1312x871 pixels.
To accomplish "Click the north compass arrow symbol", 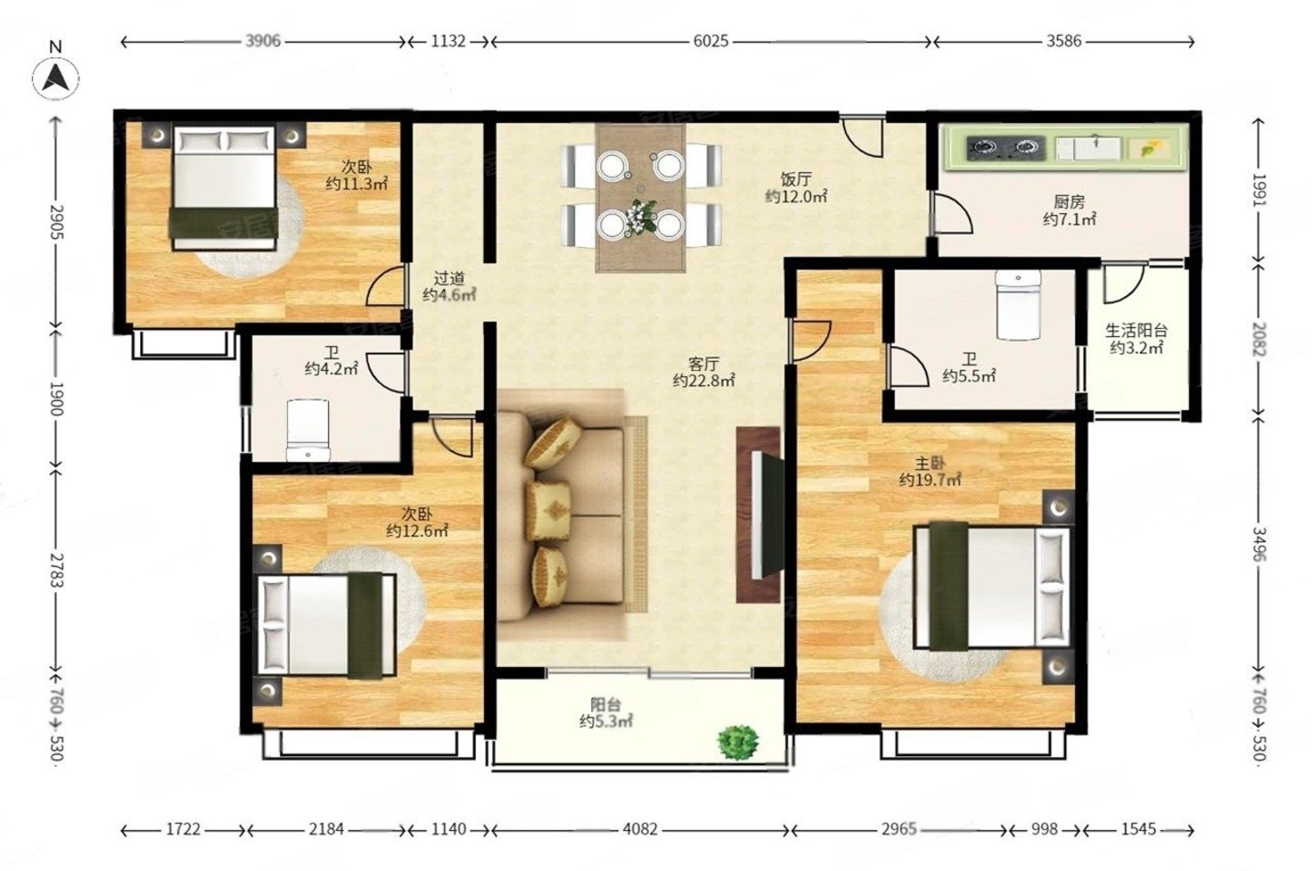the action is [x=56, y=78].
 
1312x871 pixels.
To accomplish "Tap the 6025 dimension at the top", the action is [x=711, y=41].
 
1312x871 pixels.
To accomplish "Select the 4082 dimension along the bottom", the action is [x=640, y=829].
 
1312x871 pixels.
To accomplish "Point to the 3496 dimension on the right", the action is [x=1259, y=544].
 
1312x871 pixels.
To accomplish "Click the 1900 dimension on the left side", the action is [x=56, y=398].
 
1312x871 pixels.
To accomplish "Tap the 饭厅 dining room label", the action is [x=796, y=179].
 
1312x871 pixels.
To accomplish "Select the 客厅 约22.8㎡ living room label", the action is [x=703, y=373].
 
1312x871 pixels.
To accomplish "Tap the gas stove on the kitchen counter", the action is [x=1005, y=148].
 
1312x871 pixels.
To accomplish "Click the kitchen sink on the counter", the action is [x=1088, y=148].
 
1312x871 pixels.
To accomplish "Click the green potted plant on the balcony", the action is [x=738, y=743].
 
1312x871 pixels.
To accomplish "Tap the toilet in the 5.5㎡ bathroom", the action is [x=1019, y=305].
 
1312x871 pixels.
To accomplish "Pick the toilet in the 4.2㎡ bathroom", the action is [x=308, y=430].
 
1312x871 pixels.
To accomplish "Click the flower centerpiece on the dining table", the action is [x=641, y=217].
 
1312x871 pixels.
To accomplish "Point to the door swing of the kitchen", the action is [x=953, y=213].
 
